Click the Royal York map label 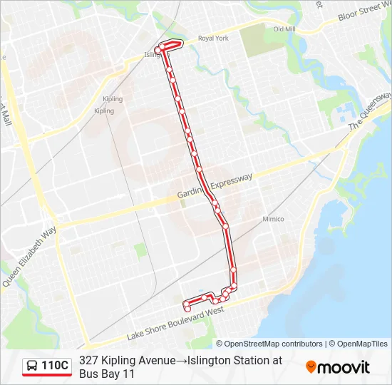pos(213,38)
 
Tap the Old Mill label pos(284,29)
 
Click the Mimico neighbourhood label pos(274,219)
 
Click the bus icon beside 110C pos(32,366)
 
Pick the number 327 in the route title pos(89,361)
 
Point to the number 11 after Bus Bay pos(128,374)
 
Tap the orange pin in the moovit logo pos(311,367)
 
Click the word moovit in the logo pos(344,367)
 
